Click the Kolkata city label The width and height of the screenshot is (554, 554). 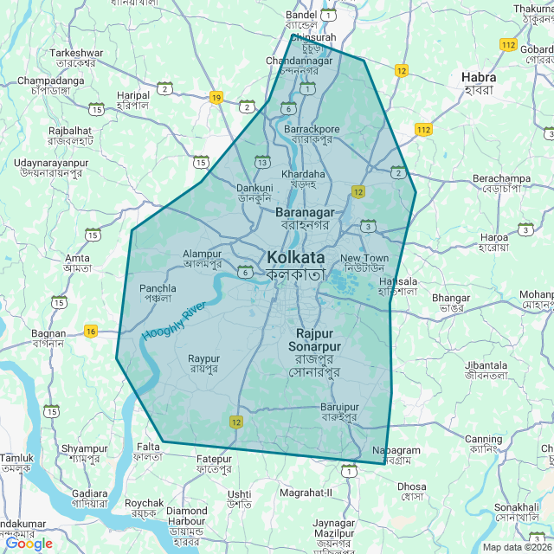(296, 257)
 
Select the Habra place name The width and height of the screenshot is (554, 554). (478, 77)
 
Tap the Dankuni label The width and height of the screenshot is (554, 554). (254, 187)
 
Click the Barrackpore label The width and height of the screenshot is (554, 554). (312, 129)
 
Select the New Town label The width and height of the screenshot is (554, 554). (364, 258)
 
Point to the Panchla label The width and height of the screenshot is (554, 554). (158, 288)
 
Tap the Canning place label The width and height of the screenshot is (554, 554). (483, 439)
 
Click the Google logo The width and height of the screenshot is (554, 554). (29, 544)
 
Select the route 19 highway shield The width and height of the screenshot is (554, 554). (216, 98)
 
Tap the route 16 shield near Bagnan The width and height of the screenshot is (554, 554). (91, 331)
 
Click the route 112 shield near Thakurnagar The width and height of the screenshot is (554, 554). (508, 44)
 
